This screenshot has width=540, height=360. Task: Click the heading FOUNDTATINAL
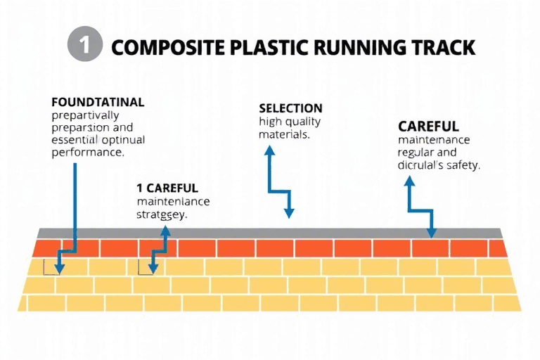click(98, 102)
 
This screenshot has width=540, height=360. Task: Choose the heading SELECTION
click(290, 108)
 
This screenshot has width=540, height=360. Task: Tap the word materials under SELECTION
click(285, 134)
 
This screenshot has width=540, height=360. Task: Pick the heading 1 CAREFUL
click(167, 188)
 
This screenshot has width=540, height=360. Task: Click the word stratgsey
click(162, 215)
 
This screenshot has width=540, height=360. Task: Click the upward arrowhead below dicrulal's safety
click(409, 181)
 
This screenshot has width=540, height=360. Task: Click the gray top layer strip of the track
click(267, 233)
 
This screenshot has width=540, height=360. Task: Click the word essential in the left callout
click(76, 139)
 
